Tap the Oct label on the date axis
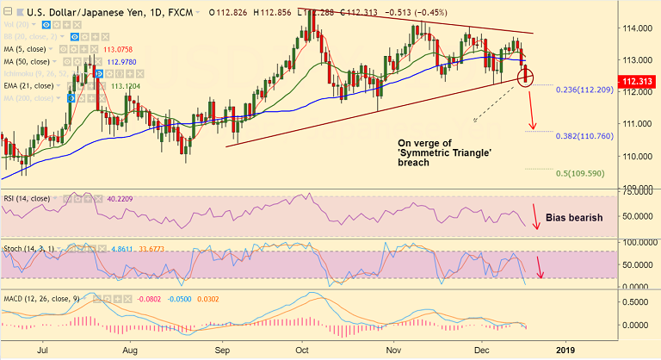[x=302, y=351]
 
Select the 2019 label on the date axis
[x=566, y=351]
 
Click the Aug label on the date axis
[x=131, y=351]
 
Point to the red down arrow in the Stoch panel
[x=541, y=267]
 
